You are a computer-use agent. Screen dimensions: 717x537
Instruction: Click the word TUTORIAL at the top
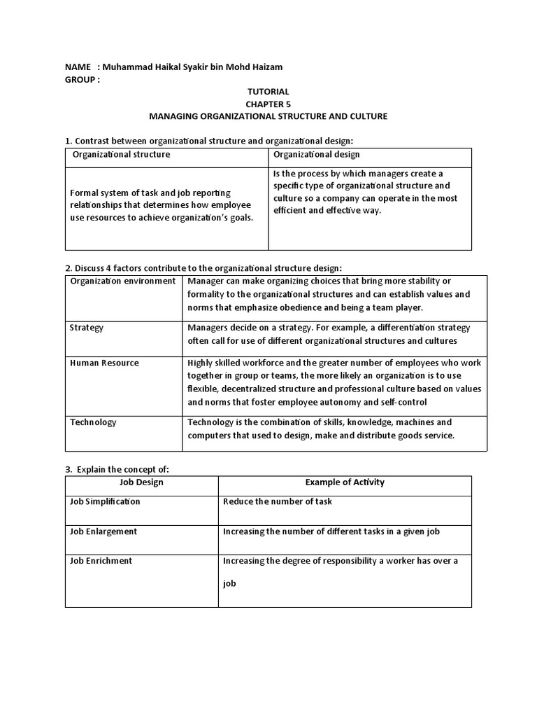(x=268, y=92)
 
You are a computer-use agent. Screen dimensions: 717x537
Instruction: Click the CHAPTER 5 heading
(x=268, y=104)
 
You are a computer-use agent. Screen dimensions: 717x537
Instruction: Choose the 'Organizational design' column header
(x=317, y=154)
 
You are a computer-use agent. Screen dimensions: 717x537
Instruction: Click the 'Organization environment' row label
(x=122, y=281)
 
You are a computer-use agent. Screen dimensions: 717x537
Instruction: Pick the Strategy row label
(x=87, y=327)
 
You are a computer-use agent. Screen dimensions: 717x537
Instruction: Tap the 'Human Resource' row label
(x=104, y=363)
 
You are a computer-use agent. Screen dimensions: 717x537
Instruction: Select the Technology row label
(x=93, y=422)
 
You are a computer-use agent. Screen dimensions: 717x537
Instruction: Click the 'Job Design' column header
(x=142, y=482)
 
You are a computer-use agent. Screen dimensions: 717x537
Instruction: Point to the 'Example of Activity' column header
(x=345, y=482)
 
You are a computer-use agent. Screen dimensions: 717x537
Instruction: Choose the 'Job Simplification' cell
(x=105, y=501)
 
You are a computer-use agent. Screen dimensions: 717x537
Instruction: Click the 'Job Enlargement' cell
(x=103, y=531)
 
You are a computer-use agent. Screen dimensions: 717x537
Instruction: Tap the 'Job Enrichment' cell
(x=101, y=561)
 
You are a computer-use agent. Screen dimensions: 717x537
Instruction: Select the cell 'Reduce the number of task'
(x=277, y=501)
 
